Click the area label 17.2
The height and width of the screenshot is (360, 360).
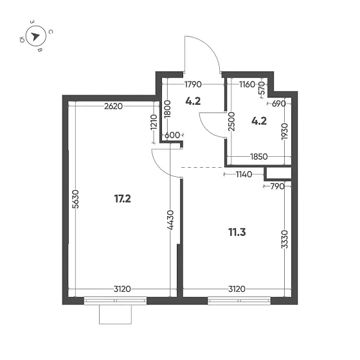(x=122, y=199)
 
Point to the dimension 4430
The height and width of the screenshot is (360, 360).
(x=170, y=221)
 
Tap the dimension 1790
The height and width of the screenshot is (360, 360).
(x=194, y=84)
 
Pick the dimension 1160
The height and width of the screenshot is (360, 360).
(x=248, y=84)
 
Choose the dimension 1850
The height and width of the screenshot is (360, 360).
(x=259, y=157)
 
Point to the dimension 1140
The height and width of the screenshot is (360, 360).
(x=243, y=174)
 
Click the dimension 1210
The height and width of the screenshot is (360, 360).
(x=153, y=122)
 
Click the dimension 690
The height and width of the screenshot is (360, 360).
(x=278, y=103)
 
